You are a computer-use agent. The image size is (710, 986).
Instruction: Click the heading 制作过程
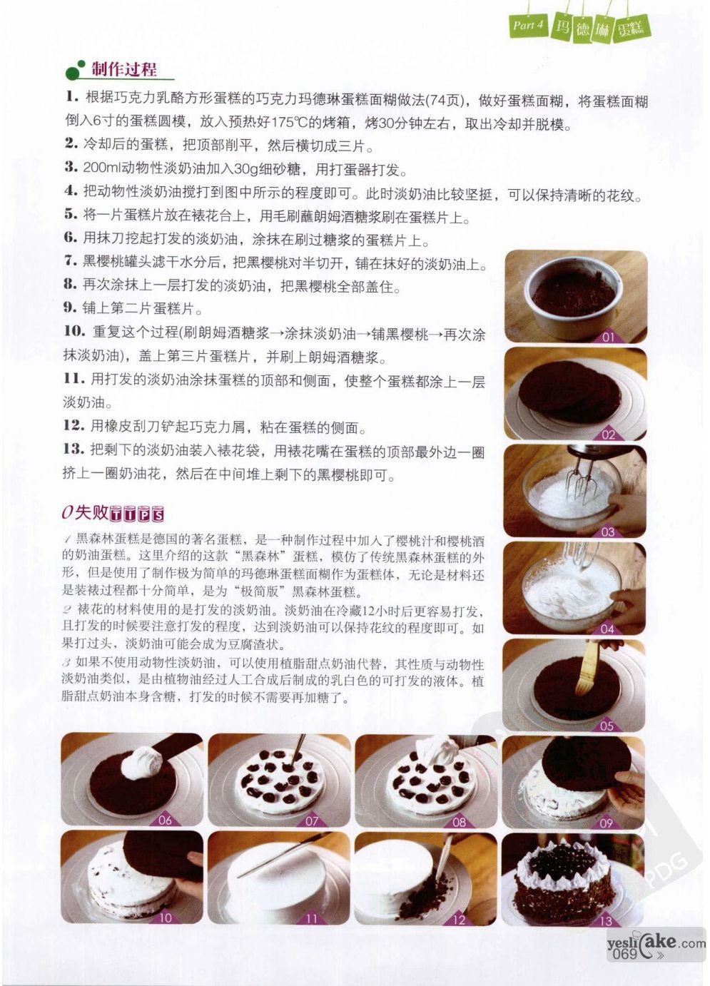(x=123, y=69)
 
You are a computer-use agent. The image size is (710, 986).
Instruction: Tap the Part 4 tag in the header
(x=528, y=25)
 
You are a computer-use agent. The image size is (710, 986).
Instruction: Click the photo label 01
(x=608, y=337)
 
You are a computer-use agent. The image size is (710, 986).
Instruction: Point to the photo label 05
(x=607, y=726)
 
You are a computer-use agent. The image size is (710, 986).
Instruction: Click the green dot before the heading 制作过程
(x=72, y=73)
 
